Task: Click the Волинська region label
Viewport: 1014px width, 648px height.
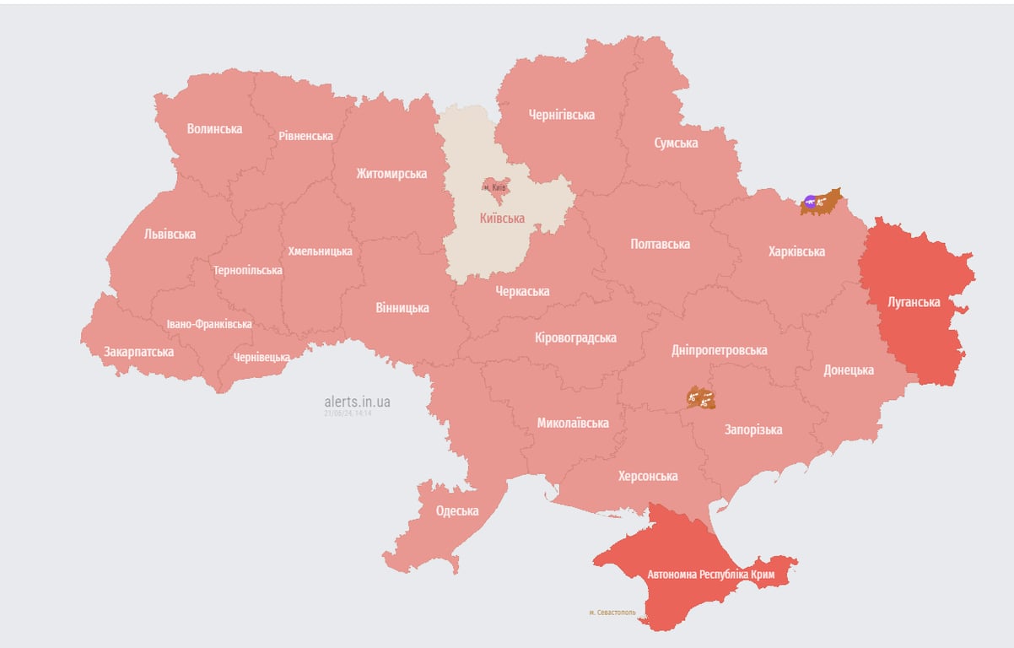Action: click(214, 129)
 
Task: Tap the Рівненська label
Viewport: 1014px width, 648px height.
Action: click(305, 136)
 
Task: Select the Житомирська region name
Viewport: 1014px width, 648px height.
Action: click(391, 174)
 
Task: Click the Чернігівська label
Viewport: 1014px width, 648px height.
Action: click(561, 115)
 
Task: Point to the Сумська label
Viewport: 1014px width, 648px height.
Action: click(676, 143)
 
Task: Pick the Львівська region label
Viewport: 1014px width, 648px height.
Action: click(170, 234)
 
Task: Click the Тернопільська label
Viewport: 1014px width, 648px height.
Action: click(248, 271)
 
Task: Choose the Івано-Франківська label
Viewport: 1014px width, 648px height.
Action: click(208, 324)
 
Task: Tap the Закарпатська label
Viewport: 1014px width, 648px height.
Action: click(139, 352)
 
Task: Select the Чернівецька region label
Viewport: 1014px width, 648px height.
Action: click(261, 358)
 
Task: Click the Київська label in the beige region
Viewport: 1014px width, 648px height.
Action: click(502, 219)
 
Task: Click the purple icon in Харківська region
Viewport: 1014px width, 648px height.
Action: click(810, 201)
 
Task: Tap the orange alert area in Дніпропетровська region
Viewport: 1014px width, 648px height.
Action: click(700, 397)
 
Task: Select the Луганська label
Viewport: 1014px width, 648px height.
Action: click(914, 301)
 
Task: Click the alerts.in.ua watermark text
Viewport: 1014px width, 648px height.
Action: click(357, 402)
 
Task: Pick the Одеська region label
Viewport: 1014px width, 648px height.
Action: click(457, 510)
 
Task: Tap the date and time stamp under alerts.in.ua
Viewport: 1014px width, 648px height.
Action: click(348, 413)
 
